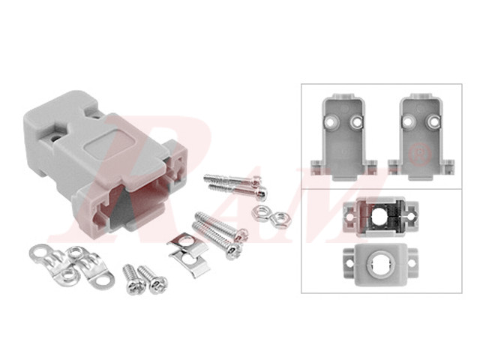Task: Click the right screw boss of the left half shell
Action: tap(355, 120)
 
